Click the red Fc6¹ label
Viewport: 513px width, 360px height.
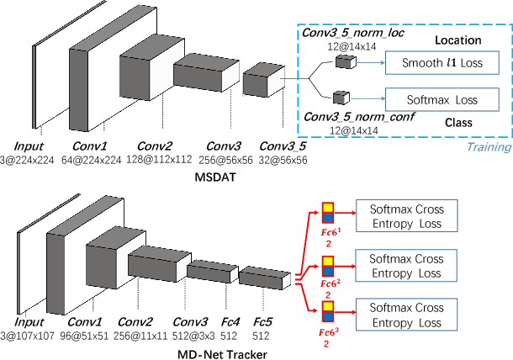click(330, 230)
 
